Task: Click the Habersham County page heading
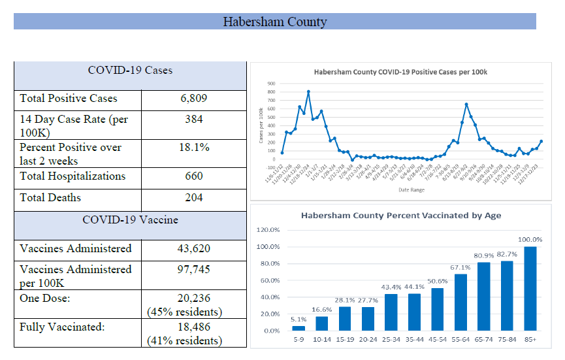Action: pyautogui.click(x=274, y=22)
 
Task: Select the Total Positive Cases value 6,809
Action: pyautogui.click(x=193, y=99)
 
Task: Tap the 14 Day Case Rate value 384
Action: pyautogui.click(x=193, y=120)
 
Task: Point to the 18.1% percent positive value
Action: pyautogui.click(x=193, y=148)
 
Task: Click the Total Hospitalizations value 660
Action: pyautogui.click(x=193, y=176)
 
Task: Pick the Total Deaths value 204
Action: pyautogui.click(x=193, y=197)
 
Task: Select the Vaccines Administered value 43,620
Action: pyautogui.click(x=193, y=248)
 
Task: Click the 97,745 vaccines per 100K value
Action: pyautogui.click(x=193, y=269)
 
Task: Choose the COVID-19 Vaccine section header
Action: pyautogui.click(x=131, y=220)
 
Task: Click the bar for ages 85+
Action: pyautogui.click(x=530, y=288)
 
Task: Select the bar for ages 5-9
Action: pyautogui.click(x=299, y=328)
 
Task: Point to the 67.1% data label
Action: pyautogui.click(x=460, y=267)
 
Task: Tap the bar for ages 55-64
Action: pyautogui.click(x=460, y=302)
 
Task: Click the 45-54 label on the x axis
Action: pyautogui.click(x=437, y=340)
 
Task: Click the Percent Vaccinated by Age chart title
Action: pyautogui.click(x=401, y=215)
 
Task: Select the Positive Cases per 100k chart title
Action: pyautogui.click(x=401, y=72)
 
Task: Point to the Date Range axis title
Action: pyautogui.click(x=412, y=190)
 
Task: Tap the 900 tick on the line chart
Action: pyautogui.click(x=271, y=84)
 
